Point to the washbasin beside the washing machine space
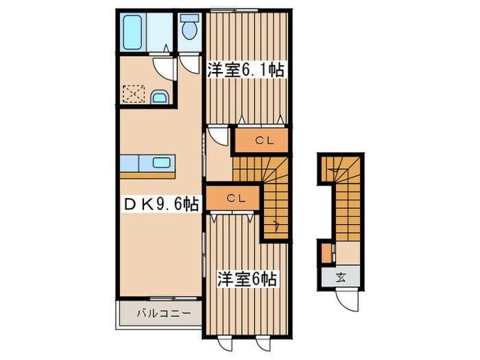pos(160,97)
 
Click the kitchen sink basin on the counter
pos(162,163)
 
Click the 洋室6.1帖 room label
pos(245,69)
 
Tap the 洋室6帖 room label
pos(248,279)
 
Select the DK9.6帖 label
pos(162,203)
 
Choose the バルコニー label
pos(158,314)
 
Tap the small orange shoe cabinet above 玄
pos(325,253)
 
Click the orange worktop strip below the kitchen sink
pos(148,174)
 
